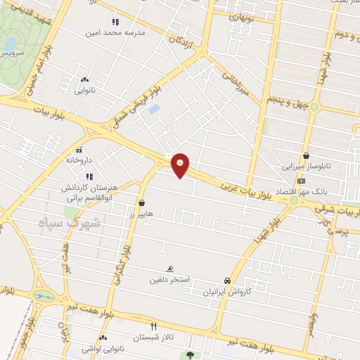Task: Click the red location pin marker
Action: (x=181, y=165)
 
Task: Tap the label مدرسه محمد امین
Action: (x=114, y=32)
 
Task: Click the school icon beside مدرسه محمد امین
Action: (x=115, y=22)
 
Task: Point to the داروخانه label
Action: (x=79, y=160)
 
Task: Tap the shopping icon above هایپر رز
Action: (x=143, y=202)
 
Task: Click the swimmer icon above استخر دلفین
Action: (x=171, y=269)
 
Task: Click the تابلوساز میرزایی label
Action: (x=305, y=167)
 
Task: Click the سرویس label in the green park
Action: (x=12, y=52)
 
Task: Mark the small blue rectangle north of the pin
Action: (x=155, y=110)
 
